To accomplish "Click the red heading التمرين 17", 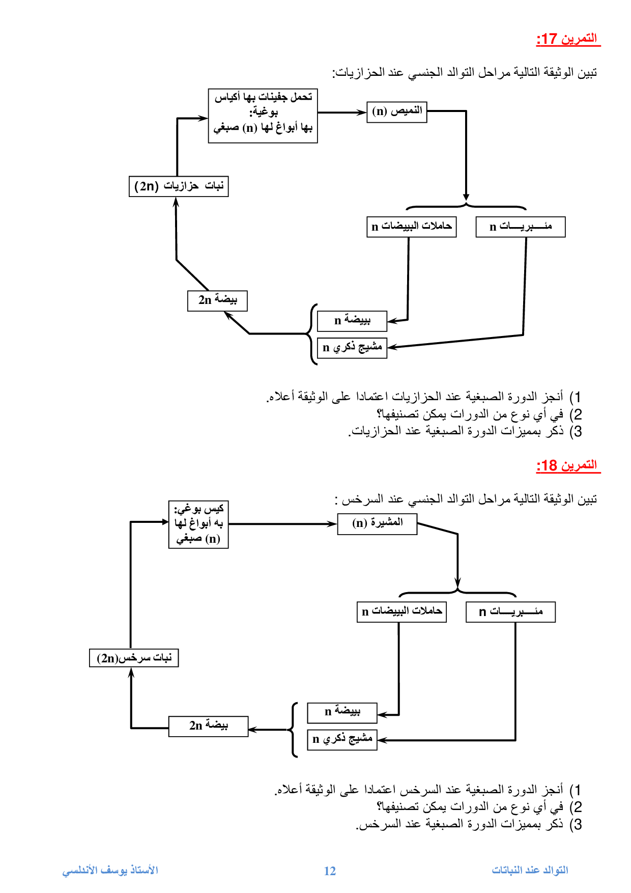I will (568, 39).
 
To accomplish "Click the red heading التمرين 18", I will (568, 465).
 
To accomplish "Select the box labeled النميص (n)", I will (397, 111).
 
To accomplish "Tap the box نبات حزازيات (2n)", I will (179, 186).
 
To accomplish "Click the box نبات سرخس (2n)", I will (134, 658).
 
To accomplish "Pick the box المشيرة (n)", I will (377, 523).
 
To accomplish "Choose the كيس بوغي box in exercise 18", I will (198, 524).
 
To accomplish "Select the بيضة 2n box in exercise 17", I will (217, 300).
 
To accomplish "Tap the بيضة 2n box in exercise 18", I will (208, 726).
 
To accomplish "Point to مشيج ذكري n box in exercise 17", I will (352, 348).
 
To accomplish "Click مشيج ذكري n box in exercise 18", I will (342, 739).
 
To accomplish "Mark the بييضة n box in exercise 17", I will (352, 321).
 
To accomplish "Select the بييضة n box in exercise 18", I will (342, 712).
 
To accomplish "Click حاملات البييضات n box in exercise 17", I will (411, 227).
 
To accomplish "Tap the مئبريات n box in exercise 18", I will (510, 612).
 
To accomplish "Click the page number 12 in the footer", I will (330, 871).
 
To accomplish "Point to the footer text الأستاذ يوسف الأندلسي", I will (110, 871).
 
